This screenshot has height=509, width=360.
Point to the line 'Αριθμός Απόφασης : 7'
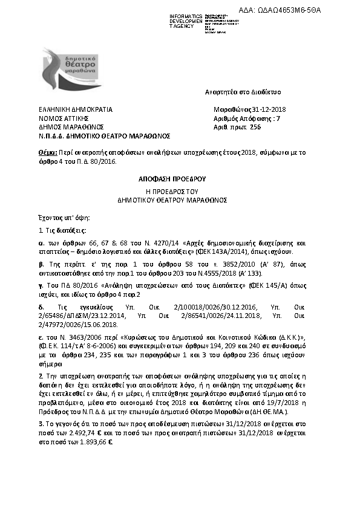[239, 119]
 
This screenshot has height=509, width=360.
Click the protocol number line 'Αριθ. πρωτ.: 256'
[237, 128]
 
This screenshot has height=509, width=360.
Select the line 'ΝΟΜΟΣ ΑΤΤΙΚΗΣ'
[59, 119]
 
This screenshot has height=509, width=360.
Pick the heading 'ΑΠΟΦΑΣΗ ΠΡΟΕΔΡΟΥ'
[180, 179]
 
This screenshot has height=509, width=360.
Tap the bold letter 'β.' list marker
[41, 265]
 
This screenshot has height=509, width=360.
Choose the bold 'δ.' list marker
[41, 308]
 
